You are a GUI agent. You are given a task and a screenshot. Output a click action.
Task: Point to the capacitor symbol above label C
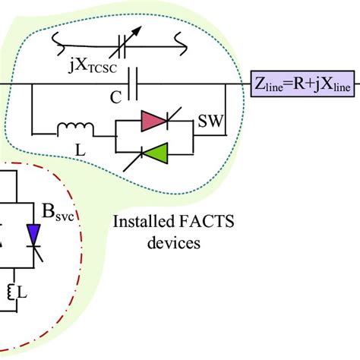coord(133,81)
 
